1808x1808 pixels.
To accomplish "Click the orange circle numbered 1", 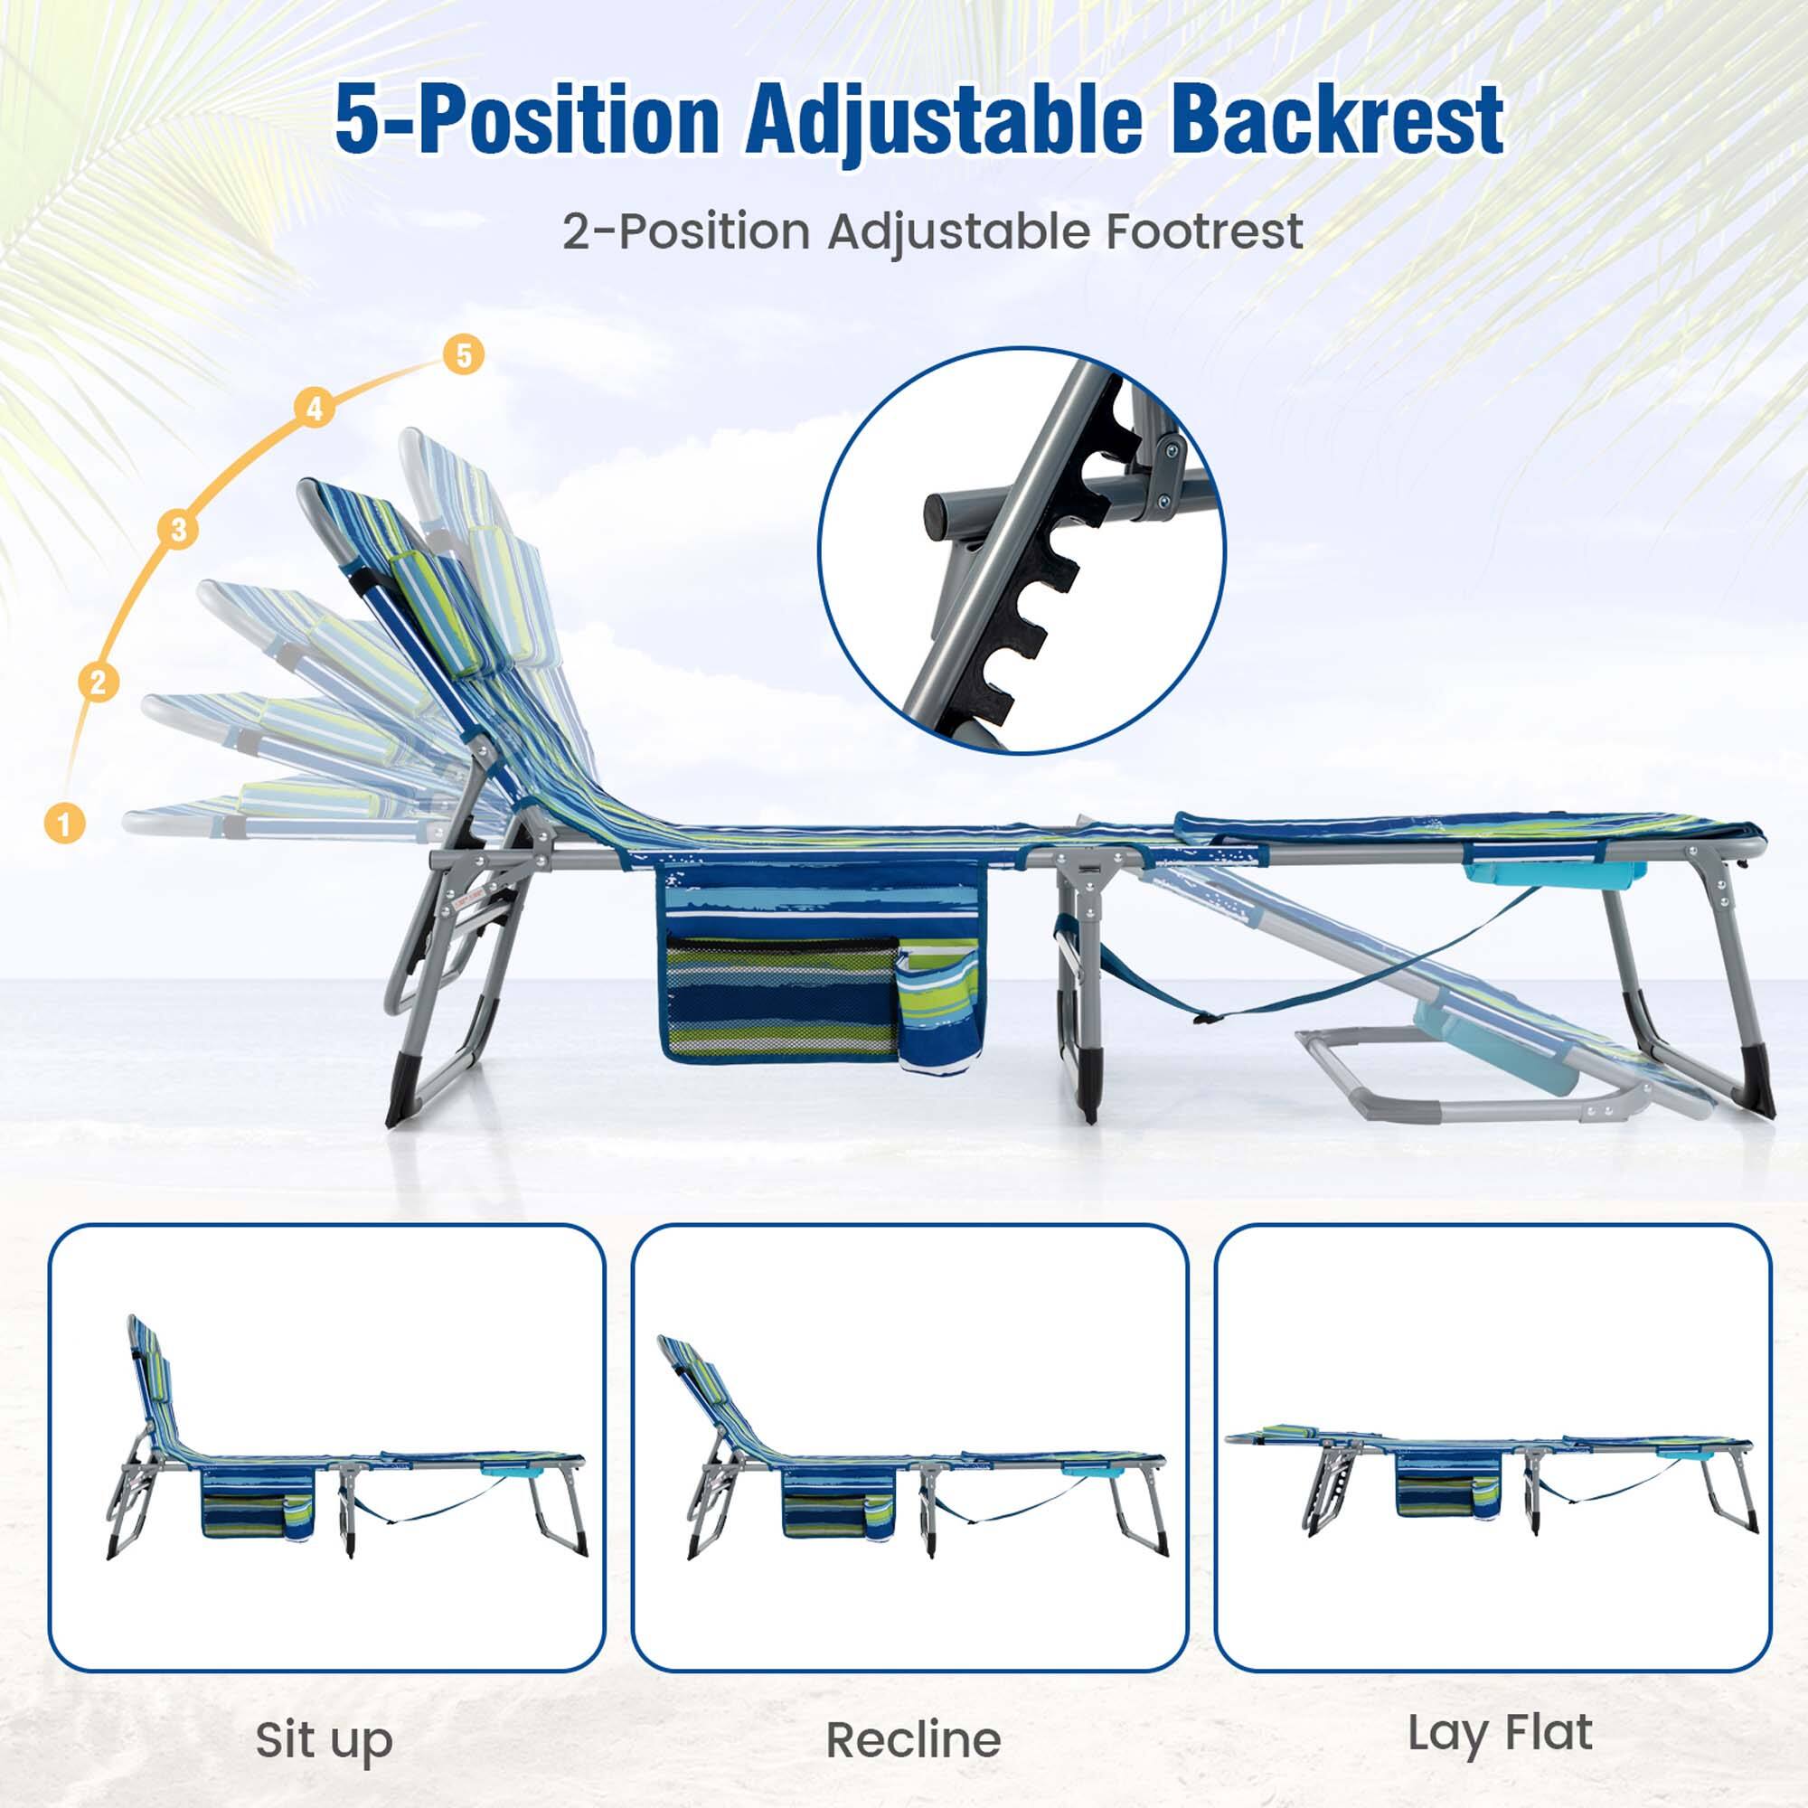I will point(64,824).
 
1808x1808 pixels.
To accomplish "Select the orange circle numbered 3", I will point(179,529).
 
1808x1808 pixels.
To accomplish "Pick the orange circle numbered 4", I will point(315,409).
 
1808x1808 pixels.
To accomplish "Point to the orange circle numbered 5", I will point(463,355).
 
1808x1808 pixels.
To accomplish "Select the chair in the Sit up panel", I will point(346,1460).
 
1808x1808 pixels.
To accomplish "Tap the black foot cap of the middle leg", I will point(1088,1091).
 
